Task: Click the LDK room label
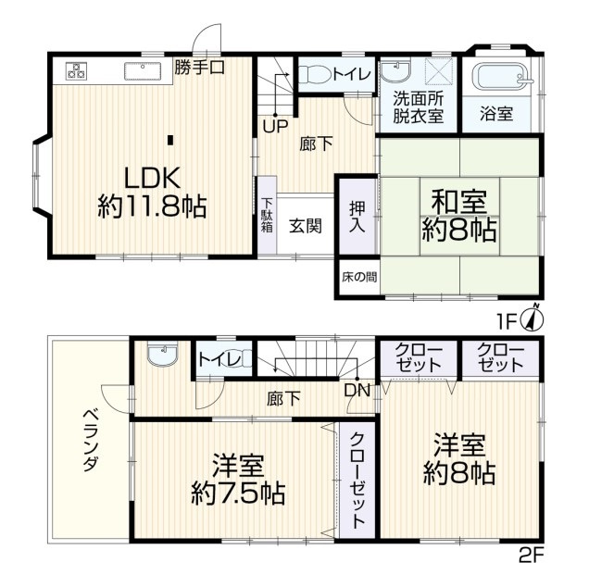pyautogui.click(x=152, y=178)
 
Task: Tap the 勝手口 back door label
pyautogui.click(x=200, y=68)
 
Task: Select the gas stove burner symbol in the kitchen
pyautogui.click(x=77, y=70)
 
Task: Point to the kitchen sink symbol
pyautogui.click(x=143, y=71)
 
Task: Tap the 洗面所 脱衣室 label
pyautogui.click(x=418, y=107)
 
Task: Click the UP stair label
pyautogui.click(x=275, y=127)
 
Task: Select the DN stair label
pyautogui.click(x=357, y=391)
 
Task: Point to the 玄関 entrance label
pyautogui.click(x=306, y=226)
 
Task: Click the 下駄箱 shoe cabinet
pyautogui.click(x=267, y=215)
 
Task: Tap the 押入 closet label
pyautogui.click(x=357, y=217)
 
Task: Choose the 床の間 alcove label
pyautogui.click(x=359, y=277)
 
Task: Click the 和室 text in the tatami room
pyautogui.click(x=459, y=202)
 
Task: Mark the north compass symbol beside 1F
pyautogui.click(x=533, y=318)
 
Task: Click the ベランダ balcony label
pyautogui.click(x=91, y=441)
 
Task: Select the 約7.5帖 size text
pyautogui.click(x=238, y=493)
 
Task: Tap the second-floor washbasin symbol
pyautogui.click(x=162, y=353)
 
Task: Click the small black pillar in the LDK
pyautogui.click(x=170, y=140)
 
